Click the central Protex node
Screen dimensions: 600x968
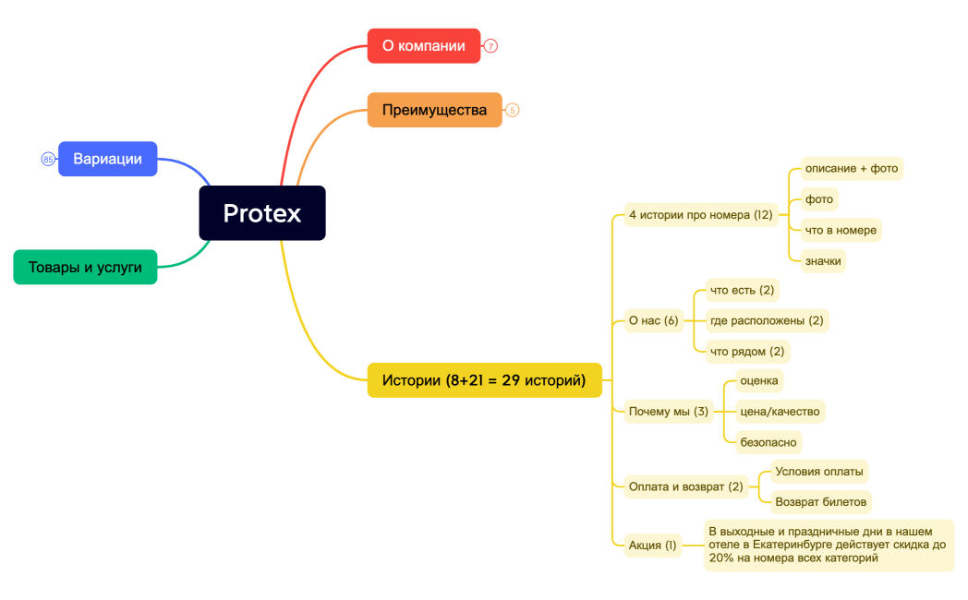[x=262, y=213]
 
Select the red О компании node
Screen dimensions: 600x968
[x=424, y=45]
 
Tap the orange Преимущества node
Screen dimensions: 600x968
[x=434, y=110]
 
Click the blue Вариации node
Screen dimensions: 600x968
[x=107, y=159]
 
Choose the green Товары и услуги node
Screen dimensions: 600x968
[x=85, y=267]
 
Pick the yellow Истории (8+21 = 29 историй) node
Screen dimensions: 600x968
[x=484, y=380]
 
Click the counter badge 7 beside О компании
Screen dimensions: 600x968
[x=491, y=45]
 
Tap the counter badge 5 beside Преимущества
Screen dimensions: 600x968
[x=513, y=110]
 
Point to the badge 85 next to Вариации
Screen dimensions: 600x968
[x=48, y=159]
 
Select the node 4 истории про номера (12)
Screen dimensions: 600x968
[x=700, y=215]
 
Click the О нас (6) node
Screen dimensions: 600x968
[x=653, y=320]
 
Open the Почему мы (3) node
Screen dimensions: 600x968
[x=668, y=411]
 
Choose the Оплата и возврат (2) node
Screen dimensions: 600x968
[x=685, y=486]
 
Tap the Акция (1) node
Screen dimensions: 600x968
[x=652, y=545]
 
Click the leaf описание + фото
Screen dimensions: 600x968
[x=851, y=168]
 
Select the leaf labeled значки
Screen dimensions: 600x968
[x=823, y=261]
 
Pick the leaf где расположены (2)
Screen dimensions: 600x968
[x=766, y=320]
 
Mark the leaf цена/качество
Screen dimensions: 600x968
[x=780, y=411]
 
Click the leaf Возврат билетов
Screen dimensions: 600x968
[x=820, y=502]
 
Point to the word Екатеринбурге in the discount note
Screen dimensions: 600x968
[x=797, y=545]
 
